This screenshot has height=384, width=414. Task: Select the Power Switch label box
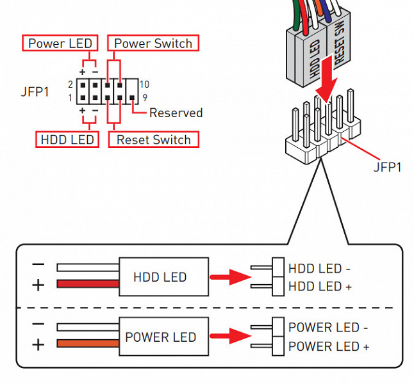point(153,44)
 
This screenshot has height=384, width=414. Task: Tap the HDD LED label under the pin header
point(67,140)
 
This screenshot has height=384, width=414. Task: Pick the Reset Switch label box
point(153,140)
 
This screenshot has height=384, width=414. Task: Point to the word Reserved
point(176,113)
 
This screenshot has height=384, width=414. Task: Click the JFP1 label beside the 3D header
point(387,167)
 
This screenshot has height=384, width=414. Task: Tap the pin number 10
point(144,84)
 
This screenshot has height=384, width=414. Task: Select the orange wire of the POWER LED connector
point(88,344)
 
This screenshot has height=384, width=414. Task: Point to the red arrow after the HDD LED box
point(229,277)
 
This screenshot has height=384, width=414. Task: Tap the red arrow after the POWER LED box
point(229,337)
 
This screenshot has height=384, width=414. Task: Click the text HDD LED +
point(320,287)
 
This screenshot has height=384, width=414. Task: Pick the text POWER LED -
point(328,328)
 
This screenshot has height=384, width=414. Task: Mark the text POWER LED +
point(328,347)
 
